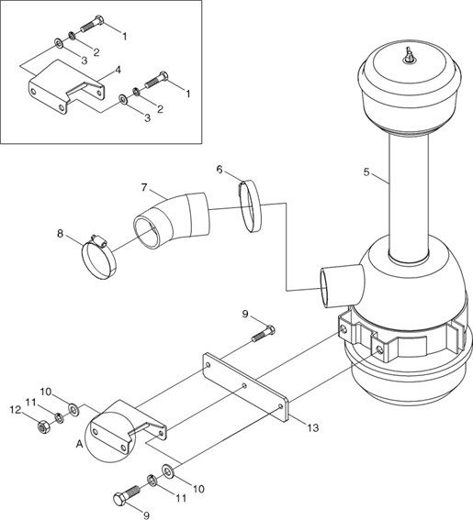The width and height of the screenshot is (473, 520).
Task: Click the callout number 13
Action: [x=313, y=427]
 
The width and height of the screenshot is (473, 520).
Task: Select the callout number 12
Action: [x=16, y=410]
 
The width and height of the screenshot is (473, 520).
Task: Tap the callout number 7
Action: [x=144, y=188]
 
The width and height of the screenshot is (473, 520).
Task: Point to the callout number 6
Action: [x=220, y=170]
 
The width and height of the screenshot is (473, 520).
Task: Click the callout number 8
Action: [x=60, y=234]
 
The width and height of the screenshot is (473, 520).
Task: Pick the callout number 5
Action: [x=366, y=172]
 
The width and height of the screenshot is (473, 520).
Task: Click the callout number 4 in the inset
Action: [x=118, y=70]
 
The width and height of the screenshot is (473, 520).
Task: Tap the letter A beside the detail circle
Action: [x=79, y=444]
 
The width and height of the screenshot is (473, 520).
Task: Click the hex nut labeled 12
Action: [x=43, y=427]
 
